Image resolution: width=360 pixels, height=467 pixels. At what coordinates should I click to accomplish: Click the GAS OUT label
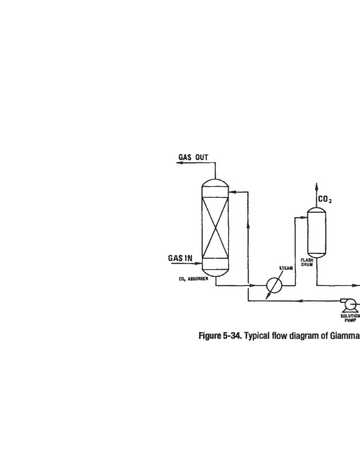coord(193,157)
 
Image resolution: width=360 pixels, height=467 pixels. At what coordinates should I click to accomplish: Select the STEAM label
coord(285,269)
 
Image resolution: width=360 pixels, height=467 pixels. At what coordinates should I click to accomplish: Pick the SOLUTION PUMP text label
coord(350,319)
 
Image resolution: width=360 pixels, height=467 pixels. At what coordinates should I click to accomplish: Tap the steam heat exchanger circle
coord(273,285)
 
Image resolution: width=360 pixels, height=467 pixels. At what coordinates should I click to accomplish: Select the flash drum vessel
coord(317,231)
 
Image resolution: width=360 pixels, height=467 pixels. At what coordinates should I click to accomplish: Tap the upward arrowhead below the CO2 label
coord(317,187)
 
